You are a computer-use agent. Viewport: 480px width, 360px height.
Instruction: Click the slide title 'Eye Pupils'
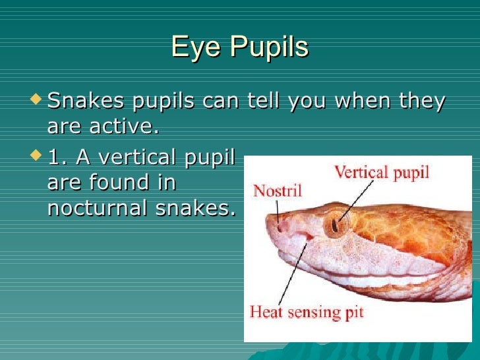tap(239, 47)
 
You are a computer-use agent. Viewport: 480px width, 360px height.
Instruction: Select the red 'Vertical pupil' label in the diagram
tap(381, 173)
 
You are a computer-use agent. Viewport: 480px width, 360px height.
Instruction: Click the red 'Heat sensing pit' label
tap(307, 311)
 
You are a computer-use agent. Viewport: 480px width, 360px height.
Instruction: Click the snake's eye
tap(337, 224)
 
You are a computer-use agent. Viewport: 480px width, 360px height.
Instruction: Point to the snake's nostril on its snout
tap(282, 226)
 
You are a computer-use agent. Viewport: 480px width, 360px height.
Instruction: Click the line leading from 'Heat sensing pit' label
tap(293, 274)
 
